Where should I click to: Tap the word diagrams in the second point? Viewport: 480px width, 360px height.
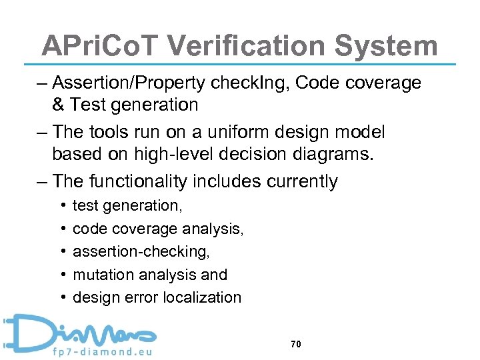[x=335, y=154]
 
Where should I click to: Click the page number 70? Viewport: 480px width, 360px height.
[x=297, y=344]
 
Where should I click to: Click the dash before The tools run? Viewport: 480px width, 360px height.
[x=41, y=132]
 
